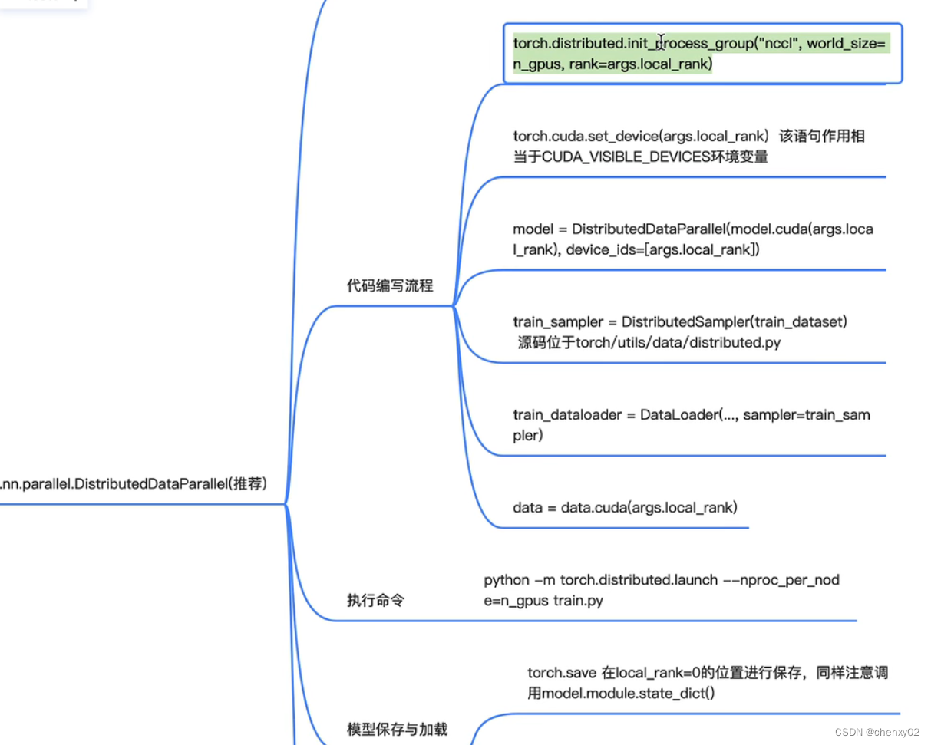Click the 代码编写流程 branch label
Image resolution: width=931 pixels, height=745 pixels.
point(390,286)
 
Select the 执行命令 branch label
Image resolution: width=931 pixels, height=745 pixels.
point(375,600)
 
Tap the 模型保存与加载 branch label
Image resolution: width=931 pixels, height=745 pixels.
point(397,729)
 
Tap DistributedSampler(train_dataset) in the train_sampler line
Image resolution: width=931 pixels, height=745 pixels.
point(735,322)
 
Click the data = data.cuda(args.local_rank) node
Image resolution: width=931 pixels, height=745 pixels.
point(625,507)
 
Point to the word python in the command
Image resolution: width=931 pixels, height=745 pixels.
point(507,580)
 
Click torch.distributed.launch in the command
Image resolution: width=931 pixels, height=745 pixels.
point(639,580)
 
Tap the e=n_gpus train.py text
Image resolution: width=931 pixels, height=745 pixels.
point(543,601)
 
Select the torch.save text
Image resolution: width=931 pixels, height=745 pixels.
point(561,673)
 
